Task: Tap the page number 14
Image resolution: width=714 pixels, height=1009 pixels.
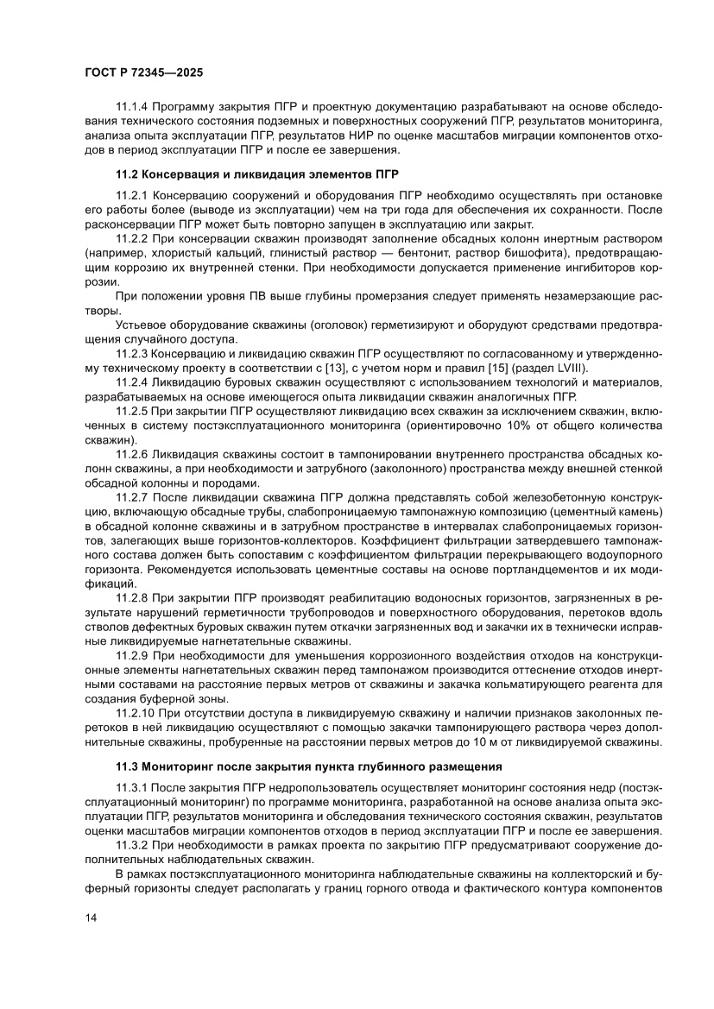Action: [83, 942]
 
